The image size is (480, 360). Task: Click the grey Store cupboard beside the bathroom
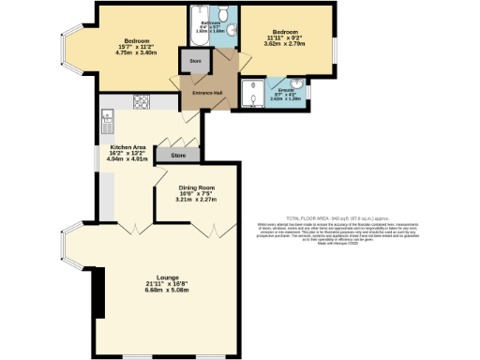tap(196, 62)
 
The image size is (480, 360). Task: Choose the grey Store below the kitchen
tap(178, 155)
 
